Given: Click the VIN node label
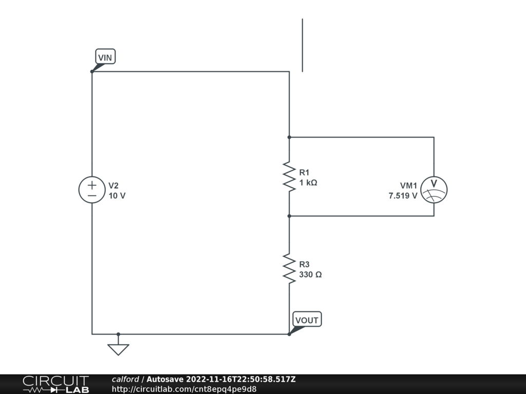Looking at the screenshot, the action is [105, 57].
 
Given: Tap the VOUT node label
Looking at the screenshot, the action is [307, 320].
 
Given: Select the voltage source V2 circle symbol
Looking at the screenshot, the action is [92, 190].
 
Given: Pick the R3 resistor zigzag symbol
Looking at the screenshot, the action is [289, 268].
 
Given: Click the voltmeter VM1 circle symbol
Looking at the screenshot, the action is [434, 189].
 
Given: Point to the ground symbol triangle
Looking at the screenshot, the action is [118, 349].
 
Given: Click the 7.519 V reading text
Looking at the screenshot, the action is [403, 195].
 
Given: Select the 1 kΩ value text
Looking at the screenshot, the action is [308, 183].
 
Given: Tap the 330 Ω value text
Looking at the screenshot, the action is [310, 274].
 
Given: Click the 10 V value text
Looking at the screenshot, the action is [117, 195].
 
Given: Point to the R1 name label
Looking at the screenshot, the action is [304, 172].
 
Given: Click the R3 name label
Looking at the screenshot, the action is [304, 264].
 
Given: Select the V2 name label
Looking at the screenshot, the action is [114, 185].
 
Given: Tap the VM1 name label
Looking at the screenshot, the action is [409, 185].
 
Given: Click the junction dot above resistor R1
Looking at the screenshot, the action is [289, 137].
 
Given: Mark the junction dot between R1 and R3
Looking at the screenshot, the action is [289, 216].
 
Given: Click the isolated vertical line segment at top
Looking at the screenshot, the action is [302, 45].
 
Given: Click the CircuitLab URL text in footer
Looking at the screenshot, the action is [184, 389].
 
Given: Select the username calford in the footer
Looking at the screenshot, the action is [125, 379].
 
